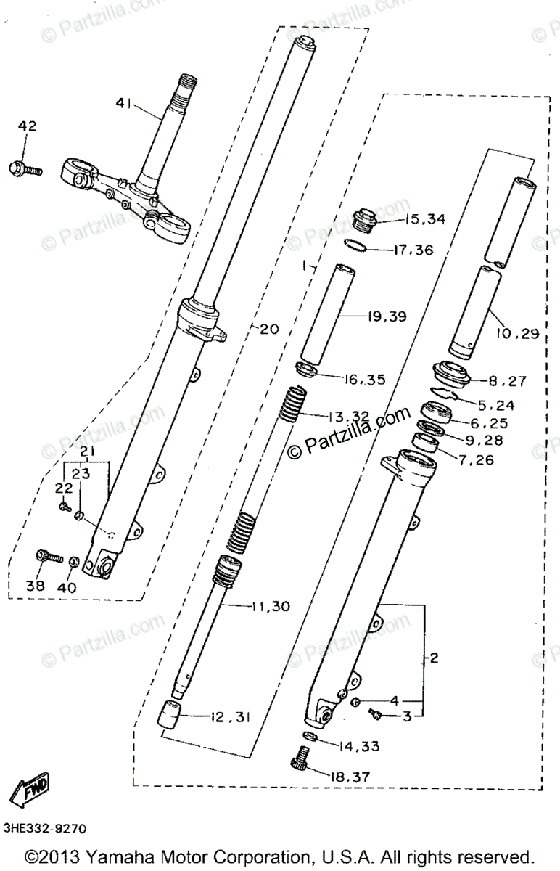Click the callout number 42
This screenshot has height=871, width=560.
[27, 127]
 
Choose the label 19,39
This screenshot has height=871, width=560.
[387, 316]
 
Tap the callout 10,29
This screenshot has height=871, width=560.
[519, 333]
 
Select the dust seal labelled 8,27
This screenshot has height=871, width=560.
[451, 372]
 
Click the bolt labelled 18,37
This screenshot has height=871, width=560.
[300, 764]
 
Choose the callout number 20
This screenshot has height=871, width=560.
[268, 329]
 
